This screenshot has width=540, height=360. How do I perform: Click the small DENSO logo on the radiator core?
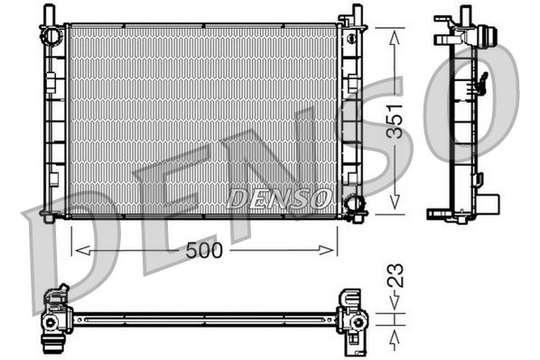point(278,197)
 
